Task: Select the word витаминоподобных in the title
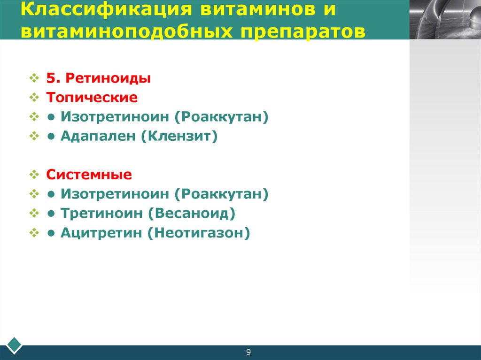119,31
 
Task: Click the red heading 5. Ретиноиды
98,78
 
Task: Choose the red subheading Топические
92,98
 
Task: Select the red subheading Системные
89,175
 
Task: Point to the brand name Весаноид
191,214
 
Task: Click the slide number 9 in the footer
248,352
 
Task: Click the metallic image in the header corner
445,19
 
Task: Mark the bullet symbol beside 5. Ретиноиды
35,78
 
